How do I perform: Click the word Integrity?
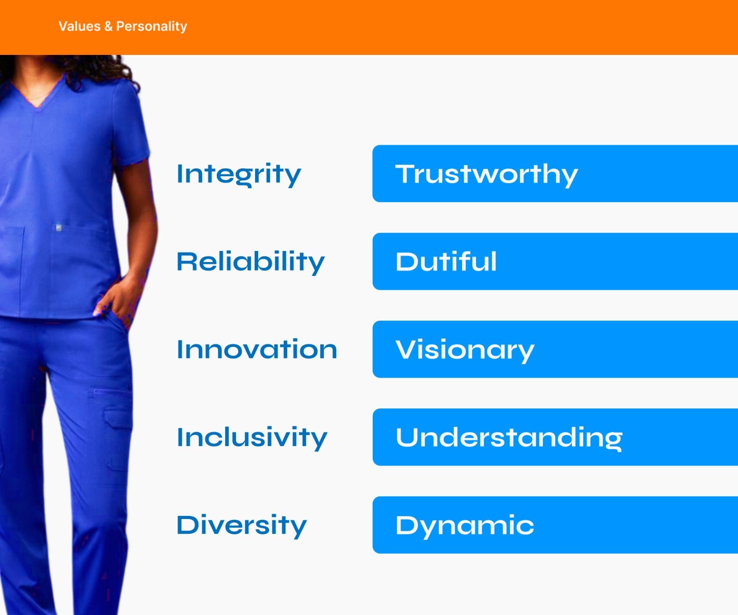238,175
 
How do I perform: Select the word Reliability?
250,262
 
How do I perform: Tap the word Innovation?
257,349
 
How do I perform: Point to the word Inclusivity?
252,437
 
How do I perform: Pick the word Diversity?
242,525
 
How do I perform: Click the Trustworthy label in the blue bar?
487,175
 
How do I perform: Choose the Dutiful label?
446,262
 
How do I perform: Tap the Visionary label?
465,350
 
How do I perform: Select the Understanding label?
509,437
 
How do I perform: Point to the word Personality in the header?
152,27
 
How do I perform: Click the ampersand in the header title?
108,26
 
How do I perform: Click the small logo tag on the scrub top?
59,227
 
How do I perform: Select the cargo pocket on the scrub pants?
116,418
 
